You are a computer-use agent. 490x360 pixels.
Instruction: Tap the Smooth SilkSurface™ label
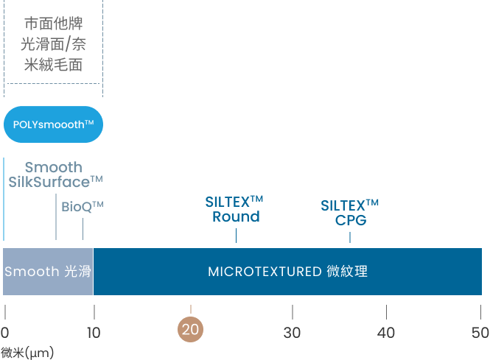(55, 174)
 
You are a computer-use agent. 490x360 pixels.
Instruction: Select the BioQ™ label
(82, 207)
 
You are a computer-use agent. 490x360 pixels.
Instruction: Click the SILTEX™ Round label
(235, 209)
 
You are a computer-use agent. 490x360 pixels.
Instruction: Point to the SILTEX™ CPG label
(350, 212)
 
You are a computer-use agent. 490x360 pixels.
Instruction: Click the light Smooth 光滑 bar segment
(48, 272)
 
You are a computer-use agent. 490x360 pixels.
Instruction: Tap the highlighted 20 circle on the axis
(191, 330)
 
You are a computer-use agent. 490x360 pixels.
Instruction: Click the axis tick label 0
(5, 331)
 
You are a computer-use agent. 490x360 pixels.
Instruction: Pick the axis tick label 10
(94, 331)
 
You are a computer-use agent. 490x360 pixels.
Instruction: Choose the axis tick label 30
(293, 331)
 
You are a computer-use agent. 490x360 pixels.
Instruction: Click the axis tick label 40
(386, 331)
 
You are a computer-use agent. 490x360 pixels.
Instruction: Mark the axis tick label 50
(480, 331)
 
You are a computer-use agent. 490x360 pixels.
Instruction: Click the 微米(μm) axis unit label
(27, 353)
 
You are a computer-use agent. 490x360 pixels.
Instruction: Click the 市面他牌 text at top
(53, 23)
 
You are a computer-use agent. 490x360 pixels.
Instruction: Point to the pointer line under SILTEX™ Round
(236, 235)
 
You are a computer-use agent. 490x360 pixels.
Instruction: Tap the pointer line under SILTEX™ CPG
(350, 236)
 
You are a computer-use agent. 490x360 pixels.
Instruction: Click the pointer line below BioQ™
(83, 229)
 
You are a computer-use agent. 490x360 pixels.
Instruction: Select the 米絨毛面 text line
(53, 65)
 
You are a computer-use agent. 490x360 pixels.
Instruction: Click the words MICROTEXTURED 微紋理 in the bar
(287, 272)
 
